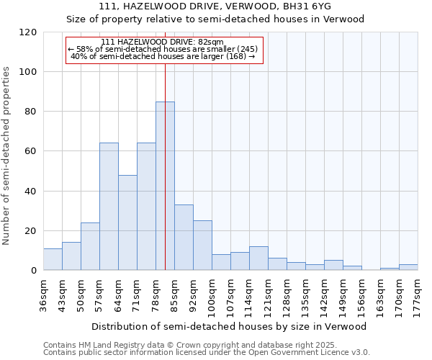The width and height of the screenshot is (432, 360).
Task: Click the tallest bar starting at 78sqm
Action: point(165,186)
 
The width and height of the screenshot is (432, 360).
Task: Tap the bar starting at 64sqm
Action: point(127,222)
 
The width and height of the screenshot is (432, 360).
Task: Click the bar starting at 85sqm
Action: point(184,238)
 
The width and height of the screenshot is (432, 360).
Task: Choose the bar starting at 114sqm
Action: point(258,258)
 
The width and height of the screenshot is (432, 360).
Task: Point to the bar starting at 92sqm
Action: point(202,246)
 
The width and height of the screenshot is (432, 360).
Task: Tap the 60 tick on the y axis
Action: point(32,151)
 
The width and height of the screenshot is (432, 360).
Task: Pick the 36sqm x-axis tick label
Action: point(44,295)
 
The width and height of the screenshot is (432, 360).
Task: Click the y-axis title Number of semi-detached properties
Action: point(7,155)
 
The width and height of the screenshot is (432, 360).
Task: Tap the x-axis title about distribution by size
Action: point(229,326)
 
